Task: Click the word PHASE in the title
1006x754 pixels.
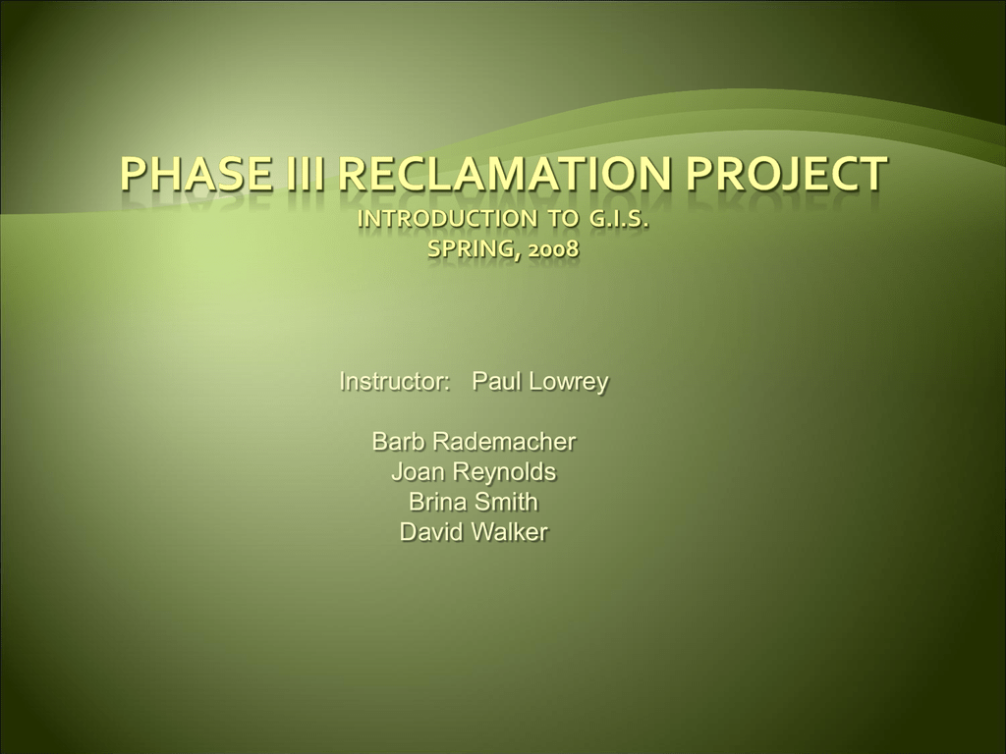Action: [x=196, y=173]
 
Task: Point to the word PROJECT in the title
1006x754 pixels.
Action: [x=787, y=173]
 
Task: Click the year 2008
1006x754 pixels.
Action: [x=554, y=248]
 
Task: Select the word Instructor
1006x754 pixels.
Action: [x=394, y=382]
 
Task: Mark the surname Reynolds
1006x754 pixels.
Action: [x=504, y=473]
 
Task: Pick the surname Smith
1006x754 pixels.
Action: [x=506, y=502]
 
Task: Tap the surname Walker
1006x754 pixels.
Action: [x=509, y=532]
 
